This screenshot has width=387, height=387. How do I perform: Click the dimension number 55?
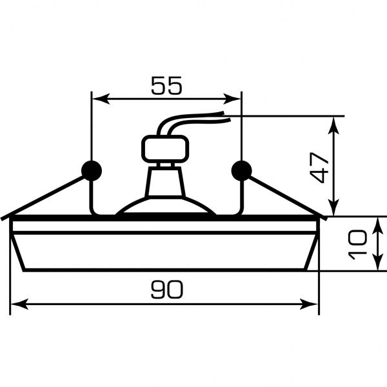coord(166,85)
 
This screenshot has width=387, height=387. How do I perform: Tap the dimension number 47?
coord(319,168)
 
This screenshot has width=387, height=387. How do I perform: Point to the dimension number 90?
coord(167,289)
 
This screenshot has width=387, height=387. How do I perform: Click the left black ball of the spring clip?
coord(92,170)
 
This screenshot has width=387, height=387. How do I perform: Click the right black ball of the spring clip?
coord(242,170)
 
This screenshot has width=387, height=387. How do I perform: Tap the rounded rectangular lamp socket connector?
coord(165,149)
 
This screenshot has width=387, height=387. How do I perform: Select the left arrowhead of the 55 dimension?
coord(101,99)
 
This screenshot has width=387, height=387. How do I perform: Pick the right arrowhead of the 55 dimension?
coord(232,99)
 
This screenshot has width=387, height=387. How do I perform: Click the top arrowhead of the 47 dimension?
coord(333,126)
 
